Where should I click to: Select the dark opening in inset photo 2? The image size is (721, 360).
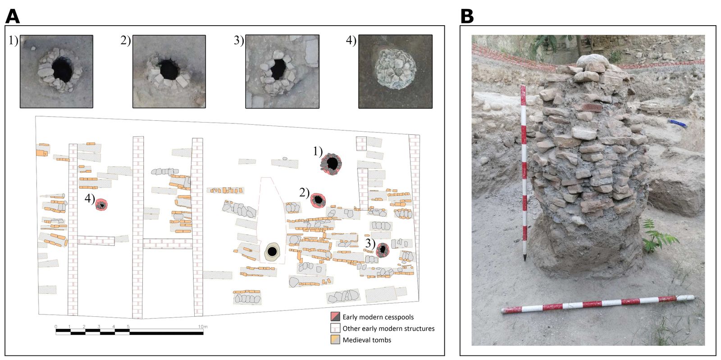coord(169,70)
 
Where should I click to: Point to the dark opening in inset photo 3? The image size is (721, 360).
coord(278,69)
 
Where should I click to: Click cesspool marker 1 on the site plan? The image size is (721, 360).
coord(332,163)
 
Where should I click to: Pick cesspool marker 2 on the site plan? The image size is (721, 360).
coord(319,200)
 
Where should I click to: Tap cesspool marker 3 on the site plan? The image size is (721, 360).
coord(383,250)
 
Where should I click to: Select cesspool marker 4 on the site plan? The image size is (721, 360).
coord(102,205)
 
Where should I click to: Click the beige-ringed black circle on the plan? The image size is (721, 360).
coord(272,251)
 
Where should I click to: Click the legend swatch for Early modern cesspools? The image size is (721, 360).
coord(335,317)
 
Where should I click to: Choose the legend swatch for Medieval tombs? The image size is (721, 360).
coord(335,340)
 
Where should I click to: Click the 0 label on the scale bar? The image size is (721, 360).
coord(56,326)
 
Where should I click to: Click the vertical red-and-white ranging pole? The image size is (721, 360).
coord(523,171)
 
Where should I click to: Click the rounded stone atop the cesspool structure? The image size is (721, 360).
coord(592,63)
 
